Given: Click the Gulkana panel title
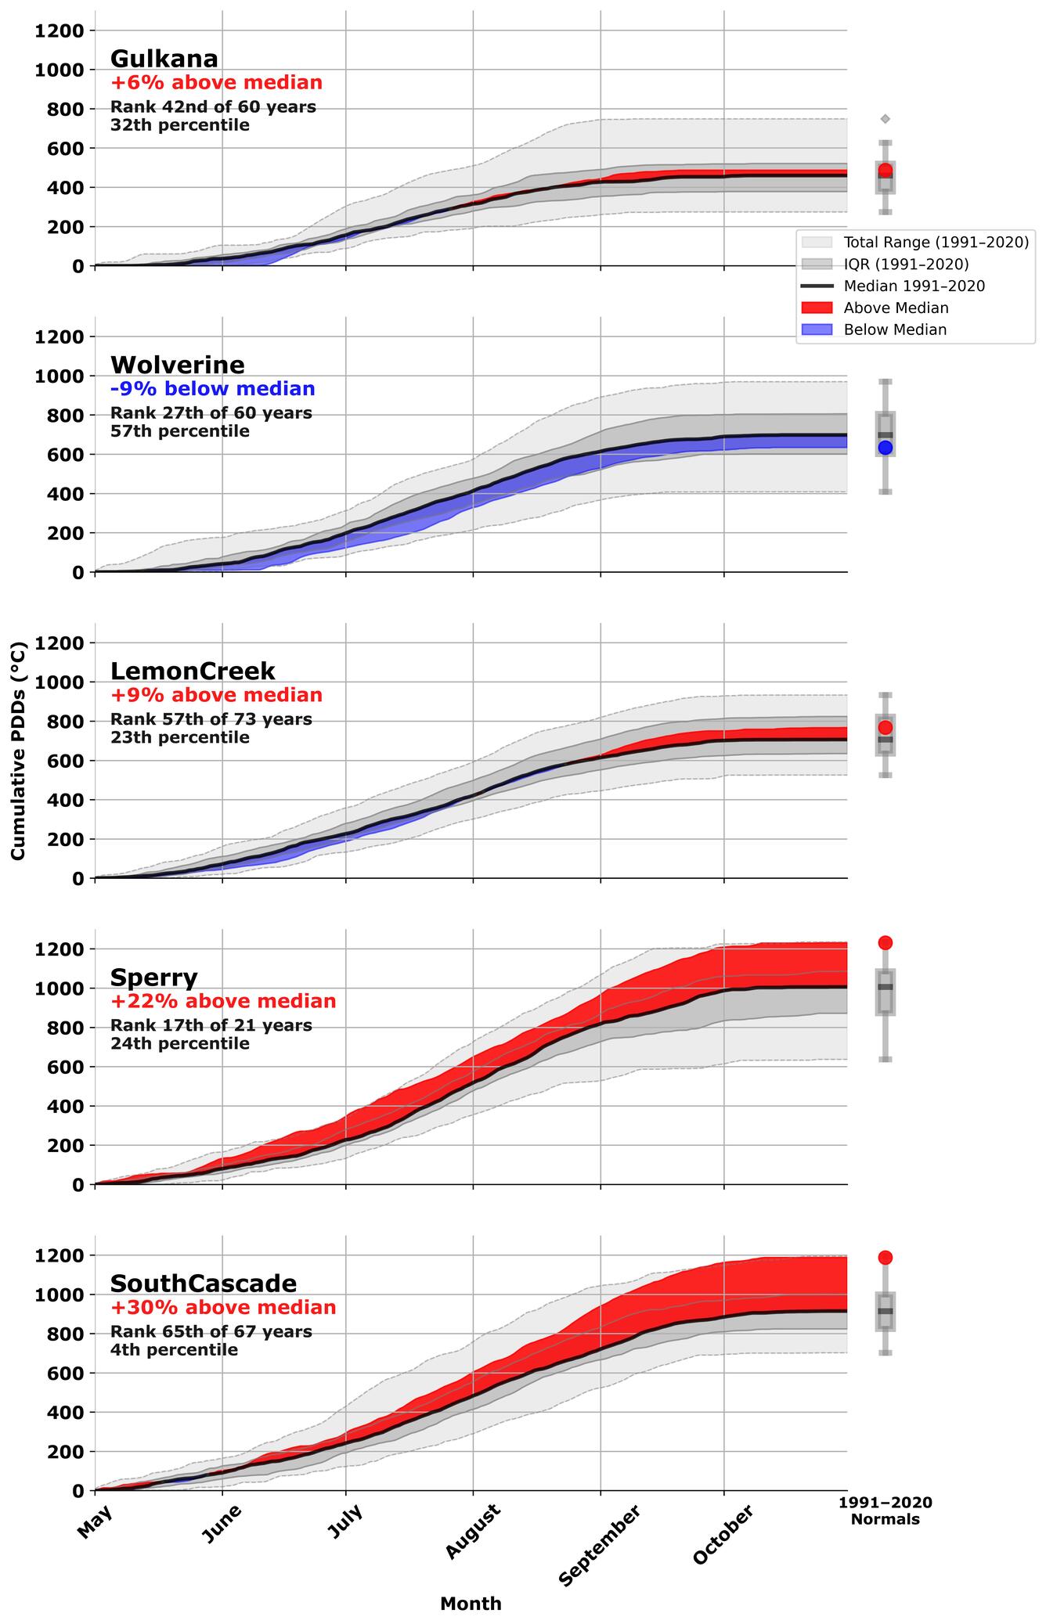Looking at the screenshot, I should (164, 59).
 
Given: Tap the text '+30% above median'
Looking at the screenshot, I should (223, 1307).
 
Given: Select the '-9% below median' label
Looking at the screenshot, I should (212, 389).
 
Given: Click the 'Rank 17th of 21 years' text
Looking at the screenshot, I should (211, 1025).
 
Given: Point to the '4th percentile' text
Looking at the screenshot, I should (174, 1350).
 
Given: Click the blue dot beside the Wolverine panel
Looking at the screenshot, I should (885, 448).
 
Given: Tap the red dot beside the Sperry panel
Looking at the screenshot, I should (885, 942).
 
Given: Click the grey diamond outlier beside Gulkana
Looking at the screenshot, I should (885, 119).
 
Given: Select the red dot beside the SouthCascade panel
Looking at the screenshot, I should (885, 1258).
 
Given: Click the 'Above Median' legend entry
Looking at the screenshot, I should (895, 308).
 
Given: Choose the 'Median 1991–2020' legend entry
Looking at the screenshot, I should (914, 286).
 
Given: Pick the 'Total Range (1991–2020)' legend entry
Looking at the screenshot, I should (936, 243).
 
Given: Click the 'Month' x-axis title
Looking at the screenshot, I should (471, 1604).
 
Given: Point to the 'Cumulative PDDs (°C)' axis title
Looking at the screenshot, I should (18, 751).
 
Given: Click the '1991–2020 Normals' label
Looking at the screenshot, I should (885, 1511).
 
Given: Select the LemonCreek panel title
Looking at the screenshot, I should (193, 671).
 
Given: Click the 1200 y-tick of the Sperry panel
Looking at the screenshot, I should (60, 949).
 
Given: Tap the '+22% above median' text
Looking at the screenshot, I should (223, 1001).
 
